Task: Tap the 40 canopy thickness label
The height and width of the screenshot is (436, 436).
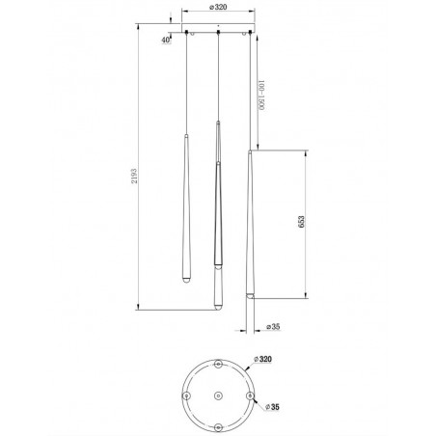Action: [167, 40]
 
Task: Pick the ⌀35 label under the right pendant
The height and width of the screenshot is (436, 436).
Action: [273, 327]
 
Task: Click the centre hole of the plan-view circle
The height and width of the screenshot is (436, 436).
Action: [218, 394]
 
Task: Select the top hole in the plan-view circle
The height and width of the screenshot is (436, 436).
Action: [218, 365]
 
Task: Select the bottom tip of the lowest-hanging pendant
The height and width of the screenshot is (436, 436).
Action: [218, 308]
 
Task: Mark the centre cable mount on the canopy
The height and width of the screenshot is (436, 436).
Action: [219, 36]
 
